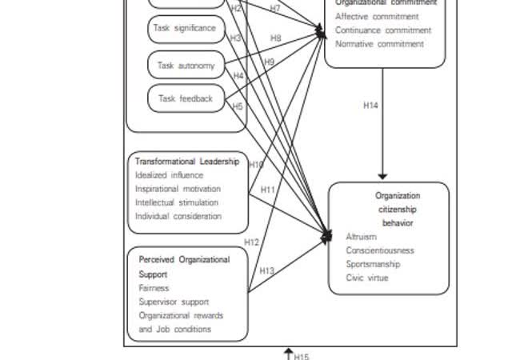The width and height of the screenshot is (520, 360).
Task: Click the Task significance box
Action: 186,29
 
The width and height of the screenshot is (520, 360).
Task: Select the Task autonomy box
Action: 186,66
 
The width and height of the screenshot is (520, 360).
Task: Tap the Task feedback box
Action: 186,98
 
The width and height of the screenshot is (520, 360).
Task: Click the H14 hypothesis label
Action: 370,105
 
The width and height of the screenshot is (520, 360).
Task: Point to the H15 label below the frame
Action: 301,356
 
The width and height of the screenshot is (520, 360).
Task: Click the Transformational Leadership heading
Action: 186,161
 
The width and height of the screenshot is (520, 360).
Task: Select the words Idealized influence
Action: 169,175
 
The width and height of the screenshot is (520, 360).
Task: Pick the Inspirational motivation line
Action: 178,189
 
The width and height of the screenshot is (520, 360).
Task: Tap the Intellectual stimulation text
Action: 176,202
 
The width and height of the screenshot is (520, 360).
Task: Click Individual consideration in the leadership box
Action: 178,216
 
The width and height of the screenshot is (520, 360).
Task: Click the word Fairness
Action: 154,288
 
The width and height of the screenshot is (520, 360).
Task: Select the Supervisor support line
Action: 174,302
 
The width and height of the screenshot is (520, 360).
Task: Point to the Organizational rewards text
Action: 181,315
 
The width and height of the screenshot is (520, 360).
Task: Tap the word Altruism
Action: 361,237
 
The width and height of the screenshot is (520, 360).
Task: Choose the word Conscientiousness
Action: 380,250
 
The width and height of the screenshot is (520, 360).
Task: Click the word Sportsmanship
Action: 373,264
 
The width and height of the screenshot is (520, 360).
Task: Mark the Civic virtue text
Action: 367,278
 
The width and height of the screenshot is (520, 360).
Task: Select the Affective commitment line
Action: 377,16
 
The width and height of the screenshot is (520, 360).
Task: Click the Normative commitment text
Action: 379,44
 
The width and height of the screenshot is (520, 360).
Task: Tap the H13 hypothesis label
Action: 266,271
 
